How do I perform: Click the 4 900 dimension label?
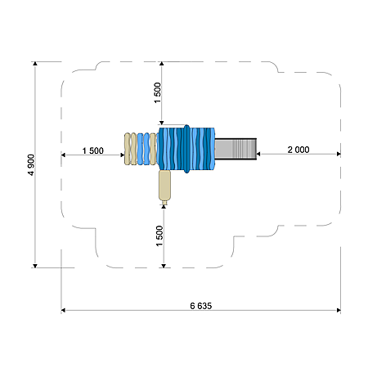point(31,165)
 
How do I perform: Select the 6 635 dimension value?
point(201,306)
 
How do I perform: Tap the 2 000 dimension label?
point(298,150)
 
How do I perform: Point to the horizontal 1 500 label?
point(93,150)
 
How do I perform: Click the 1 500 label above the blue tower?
point(158,92)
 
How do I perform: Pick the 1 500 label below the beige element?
point(159,236)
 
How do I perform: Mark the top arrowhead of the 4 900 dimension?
point(35,64)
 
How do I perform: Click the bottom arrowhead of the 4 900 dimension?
point(35,266)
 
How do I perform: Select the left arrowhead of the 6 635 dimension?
point(63,310)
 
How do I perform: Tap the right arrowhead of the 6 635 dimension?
point(339,310)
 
